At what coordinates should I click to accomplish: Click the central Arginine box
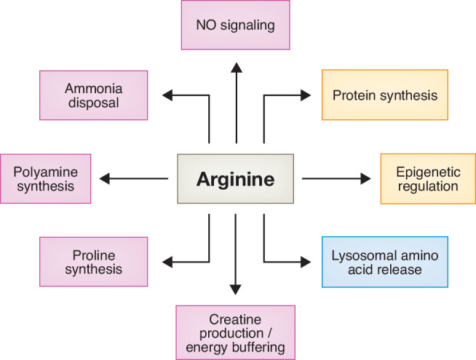[235, 179]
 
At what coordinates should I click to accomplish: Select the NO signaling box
[236, 25]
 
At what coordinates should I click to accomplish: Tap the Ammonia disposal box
[93, 95]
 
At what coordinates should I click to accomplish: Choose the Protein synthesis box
[385, 95]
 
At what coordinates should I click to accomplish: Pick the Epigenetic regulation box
[428, 179]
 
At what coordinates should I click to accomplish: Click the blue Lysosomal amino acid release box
[385, 262]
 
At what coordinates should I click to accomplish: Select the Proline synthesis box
[93, 262]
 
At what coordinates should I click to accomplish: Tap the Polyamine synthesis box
[46, 179]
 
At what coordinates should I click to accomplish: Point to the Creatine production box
[235, 332]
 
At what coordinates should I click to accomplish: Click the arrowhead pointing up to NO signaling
[236, 68]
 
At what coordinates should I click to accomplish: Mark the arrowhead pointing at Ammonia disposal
[167, 95]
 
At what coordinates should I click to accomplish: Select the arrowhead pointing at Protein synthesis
[306, 95]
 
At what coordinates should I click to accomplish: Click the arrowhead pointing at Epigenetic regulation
[365, 179]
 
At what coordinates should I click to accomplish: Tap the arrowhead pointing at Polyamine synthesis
[104, 179]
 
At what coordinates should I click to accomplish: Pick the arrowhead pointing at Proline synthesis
[167, 262]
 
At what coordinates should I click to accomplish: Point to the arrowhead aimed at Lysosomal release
[306, 262]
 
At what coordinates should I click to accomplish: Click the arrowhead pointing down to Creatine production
[235, 289]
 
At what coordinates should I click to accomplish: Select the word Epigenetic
[428, 172]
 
